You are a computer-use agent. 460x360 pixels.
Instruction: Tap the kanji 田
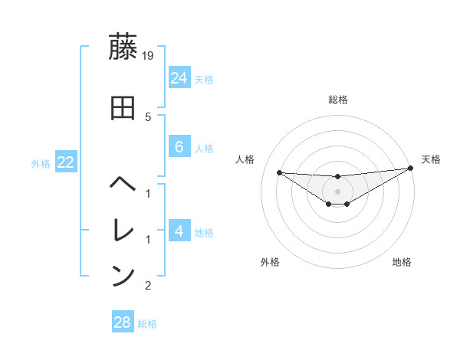pyautogui.click(x=123, y=108)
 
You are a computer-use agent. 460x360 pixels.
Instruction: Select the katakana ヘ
pyautogui.click(x=123, y=184)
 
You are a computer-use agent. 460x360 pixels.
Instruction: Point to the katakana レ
pyautogui.click(x=123, y=229)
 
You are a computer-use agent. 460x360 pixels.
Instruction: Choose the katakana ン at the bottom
pyautogui.click(x=123, y=276)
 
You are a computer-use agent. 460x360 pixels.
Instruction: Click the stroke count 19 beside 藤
pyautogui.click(x=149, y=55)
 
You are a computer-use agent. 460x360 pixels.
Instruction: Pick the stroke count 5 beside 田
pyautogui.click(x=148, y=117)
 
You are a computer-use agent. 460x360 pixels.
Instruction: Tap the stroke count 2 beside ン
pyautogui.click(x=148, y=286)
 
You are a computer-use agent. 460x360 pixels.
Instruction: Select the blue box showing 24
pyautogui.click(x=179, y=77)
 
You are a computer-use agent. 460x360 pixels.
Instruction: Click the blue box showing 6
pyautogui.click(x=179, y=147)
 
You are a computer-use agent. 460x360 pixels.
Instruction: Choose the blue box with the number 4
pyautogui.click(x=179, y=231)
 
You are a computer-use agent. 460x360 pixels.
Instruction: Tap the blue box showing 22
pyautogui.click(x=65, y=162)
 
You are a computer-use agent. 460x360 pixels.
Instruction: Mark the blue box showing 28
pyautogui.click(x=122, y=322)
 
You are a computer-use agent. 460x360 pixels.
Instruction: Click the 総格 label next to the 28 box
pyautogui.click(x=147, y=324)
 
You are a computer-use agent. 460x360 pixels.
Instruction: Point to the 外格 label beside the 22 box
pyautogui.click(x=41, y=163)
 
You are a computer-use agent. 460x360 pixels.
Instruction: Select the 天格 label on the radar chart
pyautogui.click(x=431, y=159)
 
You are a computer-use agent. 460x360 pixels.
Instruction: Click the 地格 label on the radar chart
pyautogui.click(x=402, y=262)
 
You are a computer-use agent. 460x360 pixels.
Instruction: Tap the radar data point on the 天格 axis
pyautogui.click(x=411, y=168)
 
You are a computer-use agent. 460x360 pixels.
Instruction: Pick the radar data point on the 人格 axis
pyautogui.click(x=279, y=172)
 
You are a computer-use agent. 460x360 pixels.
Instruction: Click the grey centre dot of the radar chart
pyautogui.click(x=337, y=191)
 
